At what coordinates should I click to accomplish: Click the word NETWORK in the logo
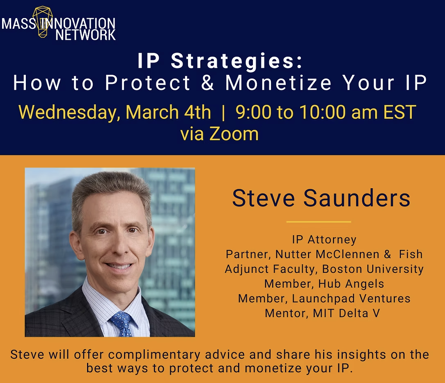tap(85, 35)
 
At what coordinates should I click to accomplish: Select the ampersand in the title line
tap(208, 83)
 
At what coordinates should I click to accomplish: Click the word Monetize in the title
tap(279, 83)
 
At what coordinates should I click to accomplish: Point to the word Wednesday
tap(69, 112)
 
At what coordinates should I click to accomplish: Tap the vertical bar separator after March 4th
tap(223, 112)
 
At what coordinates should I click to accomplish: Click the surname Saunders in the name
tap(357, 198)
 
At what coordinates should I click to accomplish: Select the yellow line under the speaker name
tap(319, 222)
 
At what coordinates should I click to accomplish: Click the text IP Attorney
tap(324, 240)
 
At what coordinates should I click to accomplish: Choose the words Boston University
tap(373, 269)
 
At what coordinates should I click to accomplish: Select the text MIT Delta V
tap(346, 313)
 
